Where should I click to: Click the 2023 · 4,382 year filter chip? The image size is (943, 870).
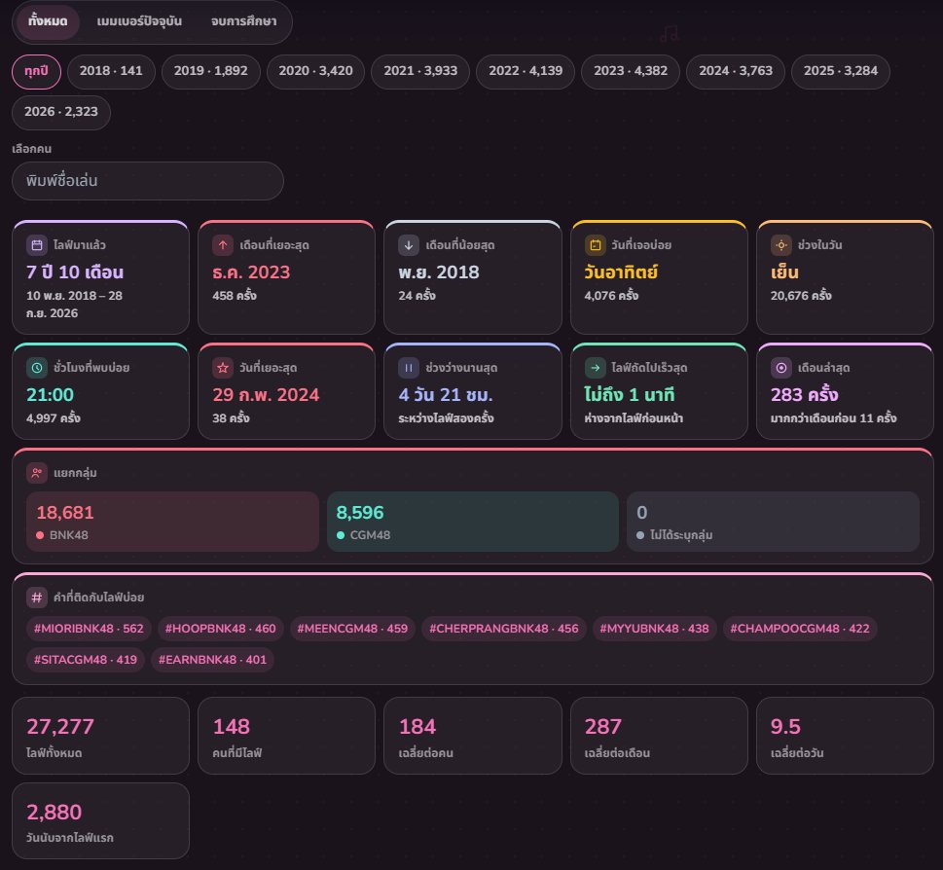coord(631,71)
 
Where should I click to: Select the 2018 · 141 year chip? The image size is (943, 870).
coord(111,71)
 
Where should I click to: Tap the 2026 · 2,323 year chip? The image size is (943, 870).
coord(60,112)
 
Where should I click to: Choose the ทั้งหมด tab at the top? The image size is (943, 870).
coord(48,21)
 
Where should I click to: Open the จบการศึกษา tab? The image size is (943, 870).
coord(243,21)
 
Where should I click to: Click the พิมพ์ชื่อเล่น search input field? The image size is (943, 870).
coord(147,180)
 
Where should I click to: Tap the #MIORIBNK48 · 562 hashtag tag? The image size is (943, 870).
coord(89,629)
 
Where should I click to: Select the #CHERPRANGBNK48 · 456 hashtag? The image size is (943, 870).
coord(504,629)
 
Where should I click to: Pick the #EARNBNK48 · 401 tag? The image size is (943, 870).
coord(212,660)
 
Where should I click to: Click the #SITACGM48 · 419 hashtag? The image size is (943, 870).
coord(86,660)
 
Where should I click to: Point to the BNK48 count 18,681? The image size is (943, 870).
coord(65,512)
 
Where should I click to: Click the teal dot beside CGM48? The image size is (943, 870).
coord(341,535)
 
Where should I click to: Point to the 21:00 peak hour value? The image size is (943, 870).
coord(50,394)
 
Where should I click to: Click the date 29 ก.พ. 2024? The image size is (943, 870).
coord(266,394)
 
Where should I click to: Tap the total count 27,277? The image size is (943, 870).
coord(60,726)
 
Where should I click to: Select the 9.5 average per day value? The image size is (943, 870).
coord(785,726)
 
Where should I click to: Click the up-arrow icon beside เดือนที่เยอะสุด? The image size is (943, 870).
coord(223,244)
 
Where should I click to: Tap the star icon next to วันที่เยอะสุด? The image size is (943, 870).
coord(223,367)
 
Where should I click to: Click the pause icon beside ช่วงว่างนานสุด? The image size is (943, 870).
coord(409,367)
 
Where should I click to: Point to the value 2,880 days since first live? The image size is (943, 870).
coord(54,813)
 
